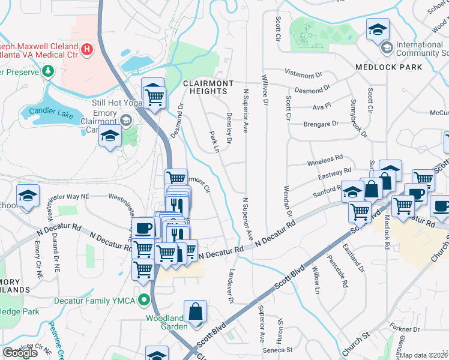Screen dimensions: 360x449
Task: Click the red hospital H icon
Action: [x=88, y=48]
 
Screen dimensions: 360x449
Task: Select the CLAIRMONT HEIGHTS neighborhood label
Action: [x=205, y=87]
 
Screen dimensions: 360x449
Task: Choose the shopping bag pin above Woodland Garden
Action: [x=196, y=311]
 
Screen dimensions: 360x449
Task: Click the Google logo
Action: [x=20, y=353]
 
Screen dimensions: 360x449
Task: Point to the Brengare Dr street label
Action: [x=321, y=124]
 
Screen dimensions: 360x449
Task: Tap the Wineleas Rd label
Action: [x=324, y=160]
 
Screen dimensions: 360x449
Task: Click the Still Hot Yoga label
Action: [x=116, y=102]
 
